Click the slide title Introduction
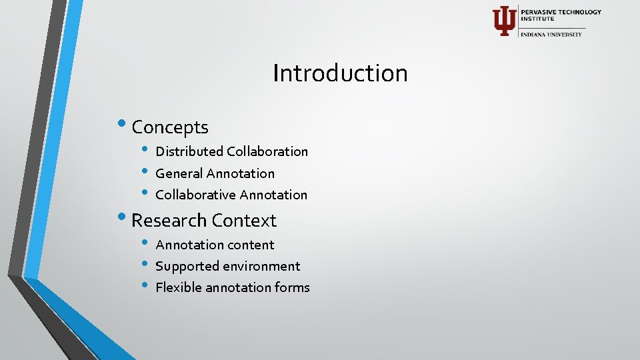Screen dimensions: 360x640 [x=340, y=73]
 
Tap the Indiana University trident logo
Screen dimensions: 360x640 [x=503, y=21]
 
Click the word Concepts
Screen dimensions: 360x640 [x=170, y=127]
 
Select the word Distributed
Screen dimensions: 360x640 [x=189, y=151]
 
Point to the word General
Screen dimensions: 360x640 [x=179, y=173]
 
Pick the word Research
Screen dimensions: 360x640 [x=169, y=220]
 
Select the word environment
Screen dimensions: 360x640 [x=261, y=266]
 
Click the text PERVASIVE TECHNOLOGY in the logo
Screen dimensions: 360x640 [x=561, y=12]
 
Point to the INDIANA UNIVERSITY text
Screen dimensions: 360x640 [x=551, y=34]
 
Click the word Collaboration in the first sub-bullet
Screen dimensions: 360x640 [x=267, y=151]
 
